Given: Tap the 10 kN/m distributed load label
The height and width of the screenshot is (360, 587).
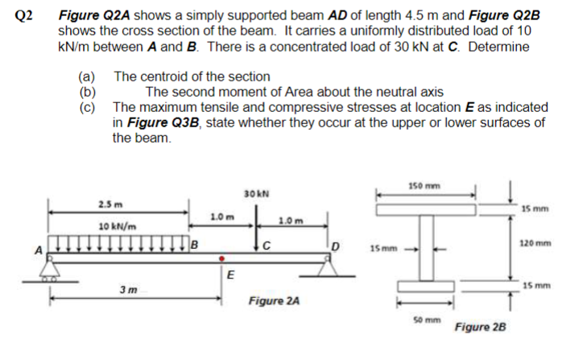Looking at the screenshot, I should (117, 228).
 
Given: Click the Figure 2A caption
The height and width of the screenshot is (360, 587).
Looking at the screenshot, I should (273, 301).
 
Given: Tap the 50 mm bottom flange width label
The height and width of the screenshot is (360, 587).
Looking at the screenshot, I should (425, 321).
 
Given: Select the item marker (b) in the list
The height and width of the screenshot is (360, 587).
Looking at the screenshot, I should (85, 93).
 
